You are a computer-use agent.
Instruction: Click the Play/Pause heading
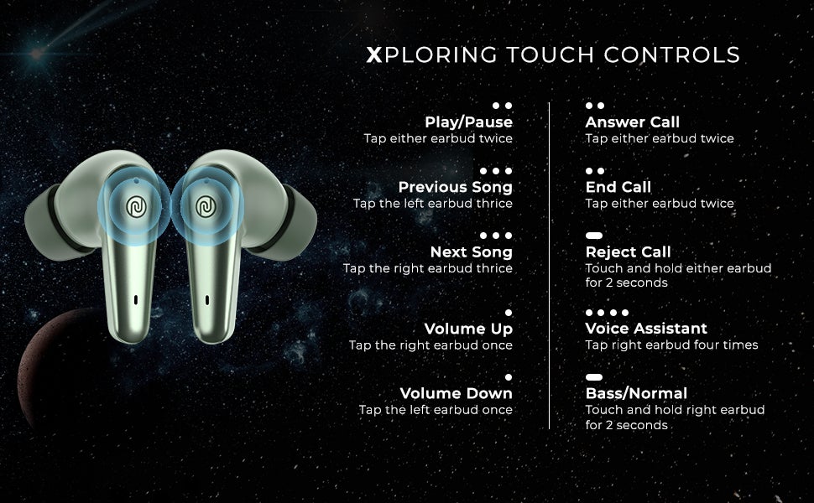468,122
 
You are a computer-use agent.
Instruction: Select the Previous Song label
455,187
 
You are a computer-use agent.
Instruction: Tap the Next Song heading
471,251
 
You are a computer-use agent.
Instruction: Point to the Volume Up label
468,329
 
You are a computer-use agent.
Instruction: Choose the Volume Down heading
456,393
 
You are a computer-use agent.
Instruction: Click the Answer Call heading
632,122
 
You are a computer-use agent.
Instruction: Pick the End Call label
618,187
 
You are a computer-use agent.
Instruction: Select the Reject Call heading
628,251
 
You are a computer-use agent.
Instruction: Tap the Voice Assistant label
646,329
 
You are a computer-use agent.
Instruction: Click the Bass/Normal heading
636,393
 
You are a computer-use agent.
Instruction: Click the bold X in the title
374,55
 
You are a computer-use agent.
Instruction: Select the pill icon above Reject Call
594,236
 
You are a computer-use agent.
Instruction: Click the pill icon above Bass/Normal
594,377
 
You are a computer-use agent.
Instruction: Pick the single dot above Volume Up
508,313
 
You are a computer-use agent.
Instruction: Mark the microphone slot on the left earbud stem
136,298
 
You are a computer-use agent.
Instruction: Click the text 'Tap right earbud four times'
671,345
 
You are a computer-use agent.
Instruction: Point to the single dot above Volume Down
508,377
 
